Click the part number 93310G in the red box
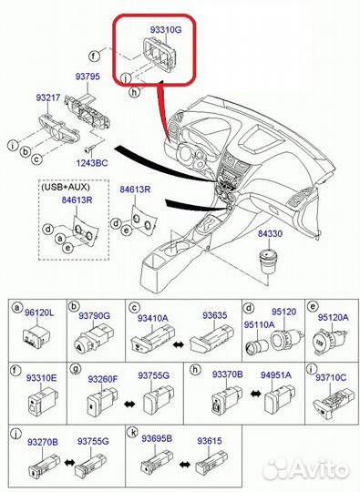(x=166, y=30)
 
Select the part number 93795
(x=87, y=77)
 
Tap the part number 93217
(x=48, y=97)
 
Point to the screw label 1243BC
(x=92, y=163)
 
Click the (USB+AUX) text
(x=66, y=187)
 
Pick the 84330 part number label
(x=270, y=234)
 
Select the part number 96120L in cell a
(x=39, y=313)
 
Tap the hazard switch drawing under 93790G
(x=93, y=340)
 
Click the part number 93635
(x=215, y=315)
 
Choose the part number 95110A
(x=259, y=324)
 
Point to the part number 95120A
(x=334, y=317)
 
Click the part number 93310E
(x=41, y=378)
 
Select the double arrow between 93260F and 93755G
(x=129, y=405)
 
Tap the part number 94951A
(x=276, y=374)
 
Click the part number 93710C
(x=331, y=377)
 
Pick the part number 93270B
(x=43, y=442)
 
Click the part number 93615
(x=210, y=441)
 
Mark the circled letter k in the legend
(x=133, y=433)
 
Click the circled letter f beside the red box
(x=94, y=56)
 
